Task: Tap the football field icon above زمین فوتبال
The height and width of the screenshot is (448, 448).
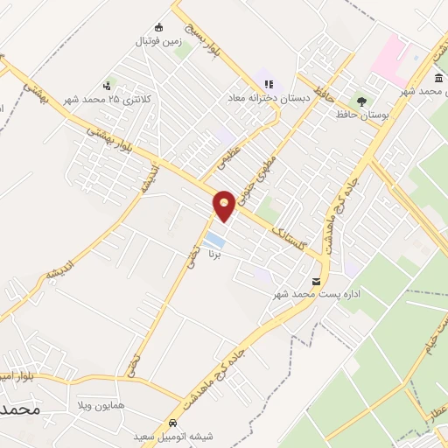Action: [158, 26]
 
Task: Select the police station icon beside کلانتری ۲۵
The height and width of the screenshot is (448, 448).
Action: [106, 86]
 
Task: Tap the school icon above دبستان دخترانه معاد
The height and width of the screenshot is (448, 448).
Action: [268, 84]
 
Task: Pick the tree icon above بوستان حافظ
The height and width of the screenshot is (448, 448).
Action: [360, 101]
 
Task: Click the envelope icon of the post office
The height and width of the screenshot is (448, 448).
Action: [317, 281]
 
